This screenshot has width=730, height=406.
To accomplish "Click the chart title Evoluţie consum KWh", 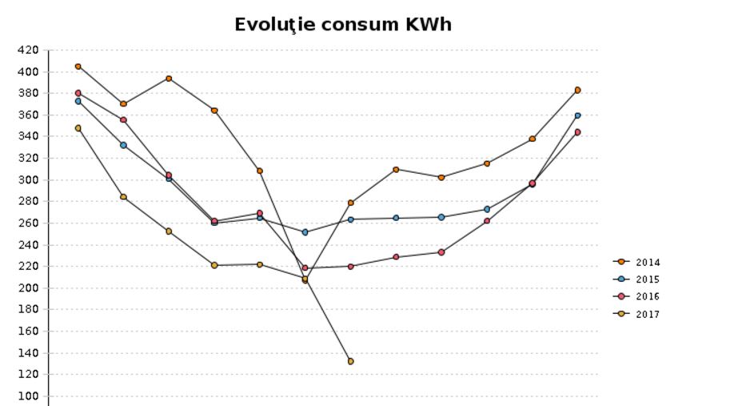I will click(x=343, y=25).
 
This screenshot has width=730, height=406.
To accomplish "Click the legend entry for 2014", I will click(x=648, y=262).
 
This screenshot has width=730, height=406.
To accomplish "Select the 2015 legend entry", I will click(x=648, y=279).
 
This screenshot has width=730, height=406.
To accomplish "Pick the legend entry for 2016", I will click(x=648, y=296).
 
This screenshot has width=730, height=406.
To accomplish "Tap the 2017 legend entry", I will click(x=648, y=314).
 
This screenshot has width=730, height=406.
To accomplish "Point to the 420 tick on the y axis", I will click(x=27, y=50).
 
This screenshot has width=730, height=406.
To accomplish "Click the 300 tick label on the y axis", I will click(x=27, y=180).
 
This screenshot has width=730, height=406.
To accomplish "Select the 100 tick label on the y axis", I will click(x=27, y=396).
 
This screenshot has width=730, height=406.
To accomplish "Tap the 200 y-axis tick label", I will click(x=27, y=288).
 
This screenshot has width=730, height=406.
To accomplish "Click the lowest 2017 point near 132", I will click(x=350, y=361).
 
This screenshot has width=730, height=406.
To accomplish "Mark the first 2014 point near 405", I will click(x=78, y=66).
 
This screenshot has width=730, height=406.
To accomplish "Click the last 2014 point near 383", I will click(x=577, y=90).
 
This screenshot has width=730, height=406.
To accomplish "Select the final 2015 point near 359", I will click(x=577, y=115).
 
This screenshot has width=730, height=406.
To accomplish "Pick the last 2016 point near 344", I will click(x=577, y=132).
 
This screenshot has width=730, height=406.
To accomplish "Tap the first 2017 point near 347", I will click(x=78, y=128).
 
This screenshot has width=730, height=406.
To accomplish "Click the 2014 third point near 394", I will click(x=169, y=78).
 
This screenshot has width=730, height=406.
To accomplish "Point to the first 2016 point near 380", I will click(x=78, y=93).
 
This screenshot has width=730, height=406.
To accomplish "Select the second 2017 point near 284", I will click(x=123, y=197).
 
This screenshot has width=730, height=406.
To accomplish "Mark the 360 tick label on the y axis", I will click(x=27, y=115).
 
